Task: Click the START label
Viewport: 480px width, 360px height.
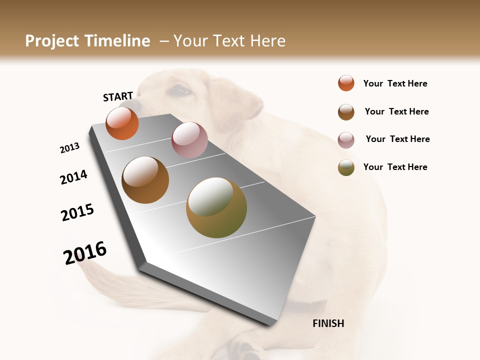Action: click(118, 96)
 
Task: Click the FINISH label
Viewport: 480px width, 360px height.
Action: click(328, 323)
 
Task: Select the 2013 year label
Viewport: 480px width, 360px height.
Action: click(70, 148)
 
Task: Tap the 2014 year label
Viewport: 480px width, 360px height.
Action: click(74, 177)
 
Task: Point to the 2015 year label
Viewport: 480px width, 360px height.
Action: click(77, 212)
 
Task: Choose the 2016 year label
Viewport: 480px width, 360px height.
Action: click(85, 253)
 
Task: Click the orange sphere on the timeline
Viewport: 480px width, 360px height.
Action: click(122, 123)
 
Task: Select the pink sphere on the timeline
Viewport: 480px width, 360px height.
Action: click(189, 140)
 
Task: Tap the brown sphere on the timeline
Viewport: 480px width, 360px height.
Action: click(145, 180)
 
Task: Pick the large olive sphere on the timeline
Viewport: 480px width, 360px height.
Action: click(216, 207)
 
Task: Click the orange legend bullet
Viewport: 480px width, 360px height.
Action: click(346, 83)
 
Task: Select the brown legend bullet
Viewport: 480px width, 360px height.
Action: click(346, 112)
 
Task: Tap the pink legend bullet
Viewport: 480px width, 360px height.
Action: click(346, 139)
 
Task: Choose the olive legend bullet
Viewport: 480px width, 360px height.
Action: click(346, 167)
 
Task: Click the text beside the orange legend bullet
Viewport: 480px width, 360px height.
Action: click(395, 83)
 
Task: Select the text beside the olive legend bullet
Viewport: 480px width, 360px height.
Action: click(395, 167)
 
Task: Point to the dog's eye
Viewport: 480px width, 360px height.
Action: click(181, 90)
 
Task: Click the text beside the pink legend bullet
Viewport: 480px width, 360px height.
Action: click(397, 139)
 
